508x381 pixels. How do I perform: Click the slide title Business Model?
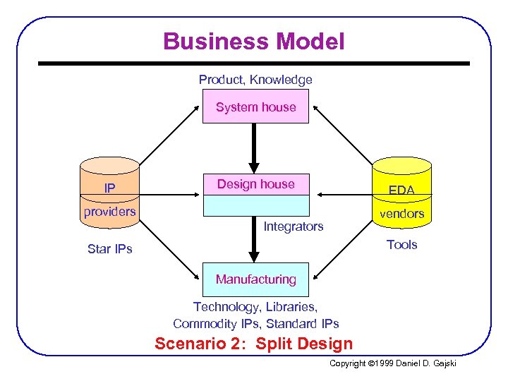click(x=254, y=42)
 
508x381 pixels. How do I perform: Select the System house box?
click(x=255, y=107)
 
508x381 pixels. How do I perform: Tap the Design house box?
click(x=255, y=184)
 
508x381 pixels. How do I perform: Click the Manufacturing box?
click(x=255, y=279)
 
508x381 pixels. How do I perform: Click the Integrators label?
click(x=293, y=226)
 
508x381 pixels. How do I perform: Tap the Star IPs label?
click(x=109, y=249)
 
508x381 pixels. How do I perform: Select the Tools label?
click(x=401, y=245)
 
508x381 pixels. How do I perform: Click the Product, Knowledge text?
click(x=255, y=80)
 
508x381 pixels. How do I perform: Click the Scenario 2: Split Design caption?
click(x=253, y=344)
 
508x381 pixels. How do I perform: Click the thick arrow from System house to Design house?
click(x=255, y=148)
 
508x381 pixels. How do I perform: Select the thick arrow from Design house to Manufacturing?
click(x=255, y=240)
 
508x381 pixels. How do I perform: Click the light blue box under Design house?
click(x=255, y=205)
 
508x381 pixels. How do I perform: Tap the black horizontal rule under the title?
click(x=254, y=64)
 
